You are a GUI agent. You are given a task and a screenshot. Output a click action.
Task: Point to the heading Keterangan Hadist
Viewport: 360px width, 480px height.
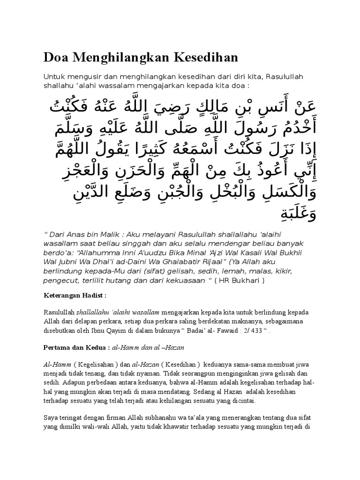[75, 296]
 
